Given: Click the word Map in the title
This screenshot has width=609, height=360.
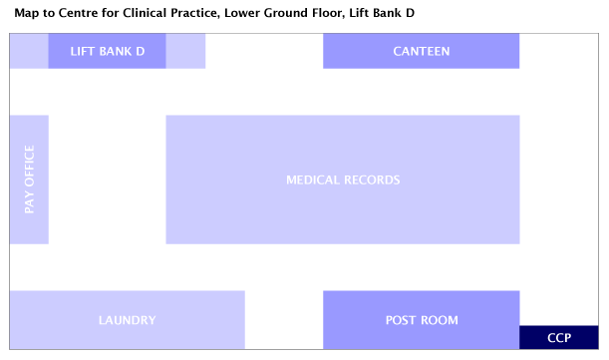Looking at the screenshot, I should click(x=27, y=14).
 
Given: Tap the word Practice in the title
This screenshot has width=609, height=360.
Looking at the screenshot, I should click(x=202, y=14).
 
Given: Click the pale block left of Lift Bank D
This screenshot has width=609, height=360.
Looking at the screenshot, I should click(x=29, y=51).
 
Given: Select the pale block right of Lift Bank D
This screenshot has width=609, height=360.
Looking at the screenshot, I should click(x=185, y=51).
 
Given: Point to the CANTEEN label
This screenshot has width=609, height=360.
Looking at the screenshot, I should click(x=421, y=52).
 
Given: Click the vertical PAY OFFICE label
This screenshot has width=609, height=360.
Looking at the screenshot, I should click(x=29, y=180).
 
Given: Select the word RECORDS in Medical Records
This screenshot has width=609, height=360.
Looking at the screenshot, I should click(x=372, y=180).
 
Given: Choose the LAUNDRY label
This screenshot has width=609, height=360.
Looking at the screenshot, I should click(x=127, y=320).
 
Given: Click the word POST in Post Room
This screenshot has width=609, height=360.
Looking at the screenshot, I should click(x=401, y=320).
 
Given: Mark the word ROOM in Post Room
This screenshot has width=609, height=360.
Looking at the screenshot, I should click(x=440, y=320).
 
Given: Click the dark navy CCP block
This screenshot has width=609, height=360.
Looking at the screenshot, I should click(x=560, y=338).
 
